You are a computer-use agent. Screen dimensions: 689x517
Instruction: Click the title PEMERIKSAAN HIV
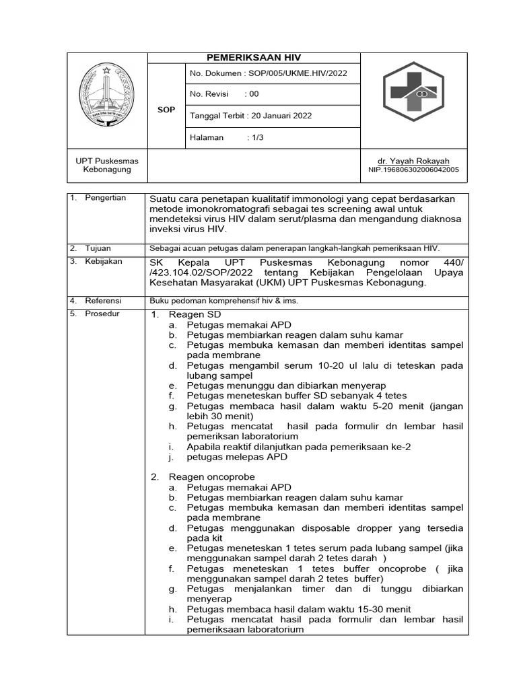[254, 58]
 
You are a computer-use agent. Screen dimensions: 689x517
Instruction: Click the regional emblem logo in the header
[107, 96]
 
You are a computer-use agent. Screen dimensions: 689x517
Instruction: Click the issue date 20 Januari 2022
[281, 116]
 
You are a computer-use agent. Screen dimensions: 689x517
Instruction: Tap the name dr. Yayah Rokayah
[413, 161]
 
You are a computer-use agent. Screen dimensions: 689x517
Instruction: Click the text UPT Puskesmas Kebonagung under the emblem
[107, 166]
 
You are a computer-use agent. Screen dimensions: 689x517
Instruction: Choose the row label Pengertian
[105, 198]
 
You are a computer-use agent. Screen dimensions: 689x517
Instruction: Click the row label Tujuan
[98, 248]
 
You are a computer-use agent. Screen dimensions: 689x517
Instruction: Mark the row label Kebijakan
[103, 261]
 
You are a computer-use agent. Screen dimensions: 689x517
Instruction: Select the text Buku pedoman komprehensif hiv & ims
[223, 301]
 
